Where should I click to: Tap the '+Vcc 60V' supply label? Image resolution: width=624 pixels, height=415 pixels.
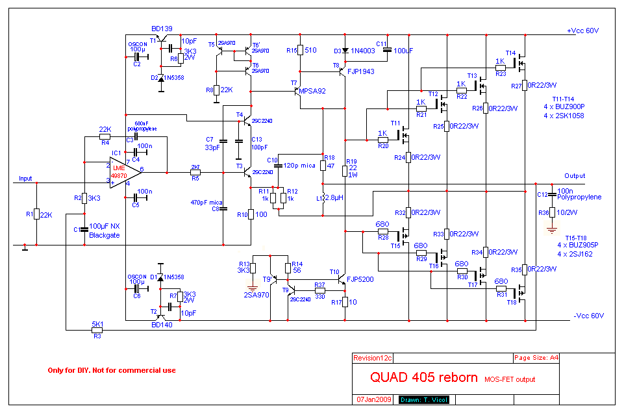click(582, 31)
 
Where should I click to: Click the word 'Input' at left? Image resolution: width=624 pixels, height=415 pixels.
click(25, 179)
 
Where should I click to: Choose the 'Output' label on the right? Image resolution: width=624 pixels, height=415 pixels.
click(575, 176)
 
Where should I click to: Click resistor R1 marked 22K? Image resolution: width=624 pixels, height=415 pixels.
click(36, 215)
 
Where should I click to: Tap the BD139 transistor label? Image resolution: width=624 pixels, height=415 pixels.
click(162, 29)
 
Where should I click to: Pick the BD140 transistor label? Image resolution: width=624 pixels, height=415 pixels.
click(162, 324)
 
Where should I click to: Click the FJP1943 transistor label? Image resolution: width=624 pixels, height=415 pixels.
click(361, 71)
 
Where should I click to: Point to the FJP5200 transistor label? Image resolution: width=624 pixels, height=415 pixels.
click(361, 279)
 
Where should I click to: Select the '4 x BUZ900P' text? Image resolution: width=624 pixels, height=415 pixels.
click(564, 107)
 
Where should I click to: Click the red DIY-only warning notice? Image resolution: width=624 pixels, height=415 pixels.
click(112, 370)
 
